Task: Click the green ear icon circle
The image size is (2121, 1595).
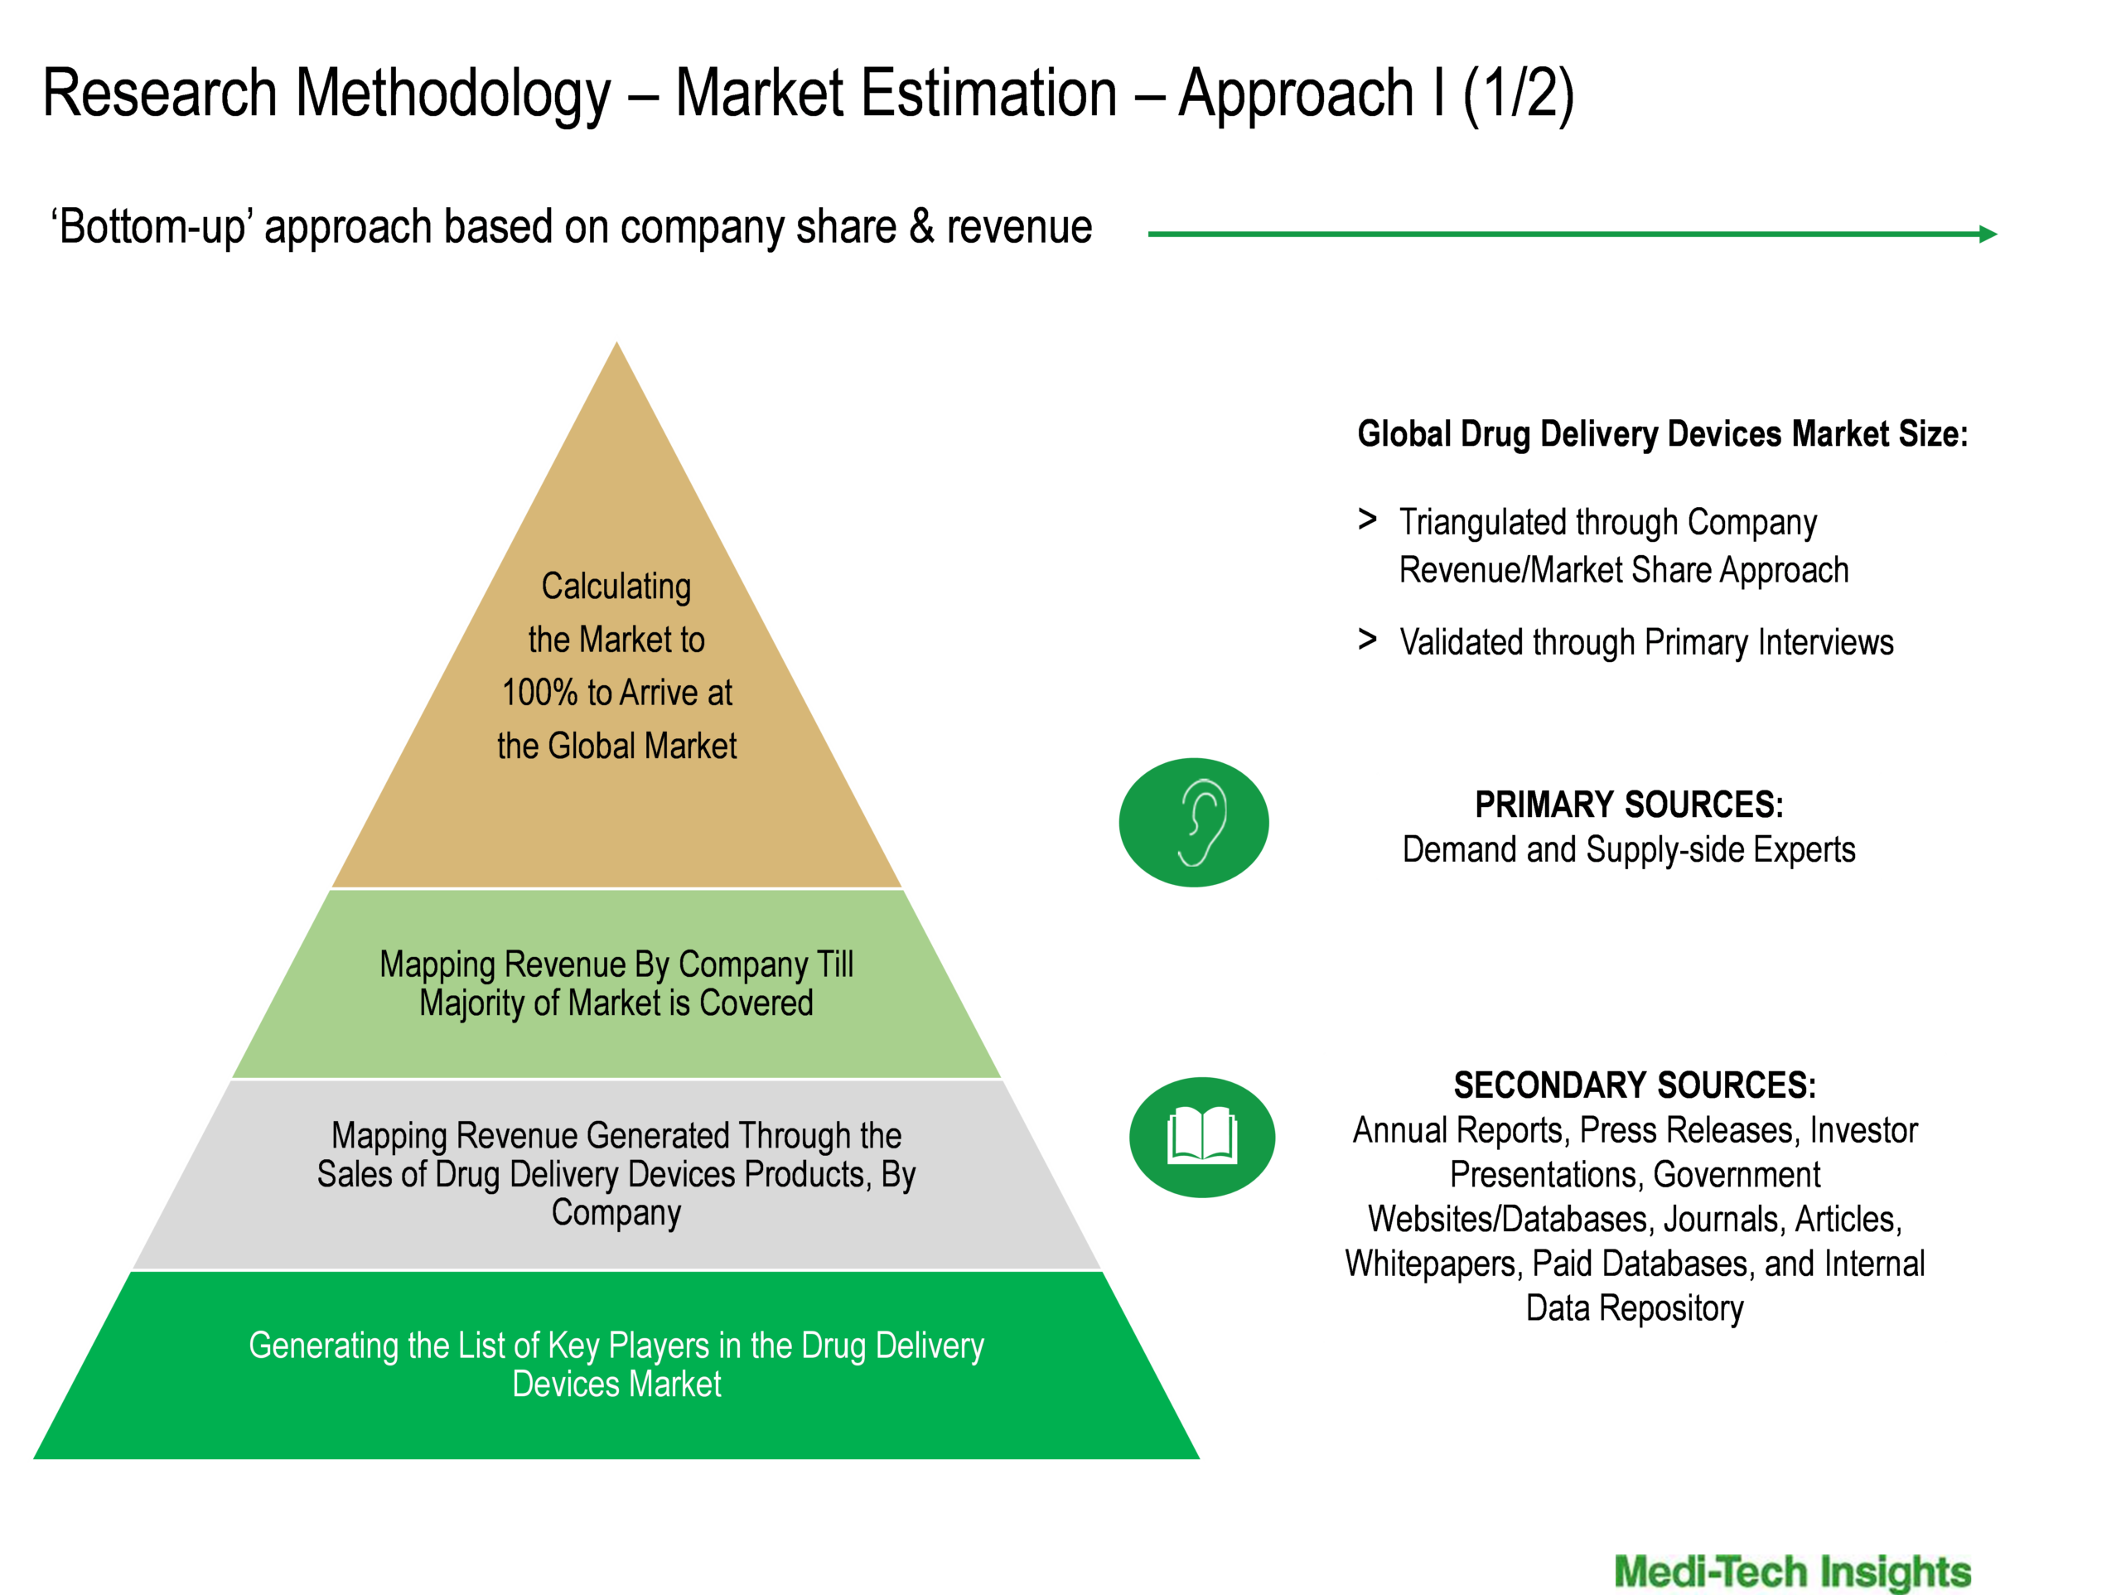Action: (x=1194, y=822)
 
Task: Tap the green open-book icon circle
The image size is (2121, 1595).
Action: (x=1201, y=1137)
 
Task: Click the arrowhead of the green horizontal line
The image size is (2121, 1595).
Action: (x=1988, y=234)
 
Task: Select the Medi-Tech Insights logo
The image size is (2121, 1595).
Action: (x=1792, y=1572)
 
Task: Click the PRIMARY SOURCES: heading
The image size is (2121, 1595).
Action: (x=1629, y=805)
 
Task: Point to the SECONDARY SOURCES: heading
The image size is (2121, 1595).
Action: (x=1635, y=1085)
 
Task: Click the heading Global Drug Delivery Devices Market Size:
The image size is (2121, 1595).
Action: (x=1663, y=434)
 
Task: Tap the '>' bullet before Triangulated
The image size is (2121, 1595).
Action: (x=1367, y=519)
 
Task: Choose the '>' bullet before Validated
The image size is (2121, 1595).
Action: (x=1367, y=639)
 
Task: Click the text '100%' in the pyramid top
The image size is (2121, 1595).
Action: (x=539, y=693)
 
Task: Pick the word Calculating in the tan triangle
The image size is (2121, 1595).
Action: (x=616, y=587)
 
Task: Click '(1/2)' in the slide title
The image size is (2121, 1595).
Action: (x=1519, y=94)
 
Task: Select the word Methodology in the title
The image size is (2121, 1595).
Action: (x=452, y=94)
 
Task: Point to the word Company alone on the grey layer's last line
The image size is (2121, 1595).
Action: (x=616, y=1213)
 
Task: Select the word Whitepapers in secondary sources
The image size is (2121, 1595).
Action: (x=1433, y=1264)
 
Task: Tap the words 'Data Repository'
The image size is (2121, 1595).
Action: (x=1635, y=1309)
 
